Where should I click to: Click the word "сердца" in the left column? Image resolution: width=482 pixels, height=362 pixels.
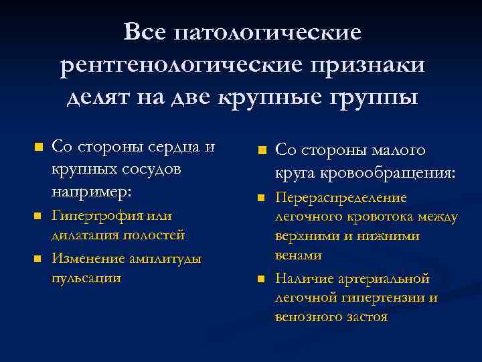coord(169,147)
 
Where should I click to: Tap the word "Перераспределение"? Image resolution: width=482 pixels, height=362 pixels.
coord(341,199)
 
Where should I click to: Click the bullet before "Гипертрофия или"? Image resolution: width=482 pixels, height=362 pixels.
coord(38,216)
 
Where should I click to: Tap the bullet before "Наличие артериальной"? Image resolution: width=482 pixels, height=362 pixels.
coord(263,278)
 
